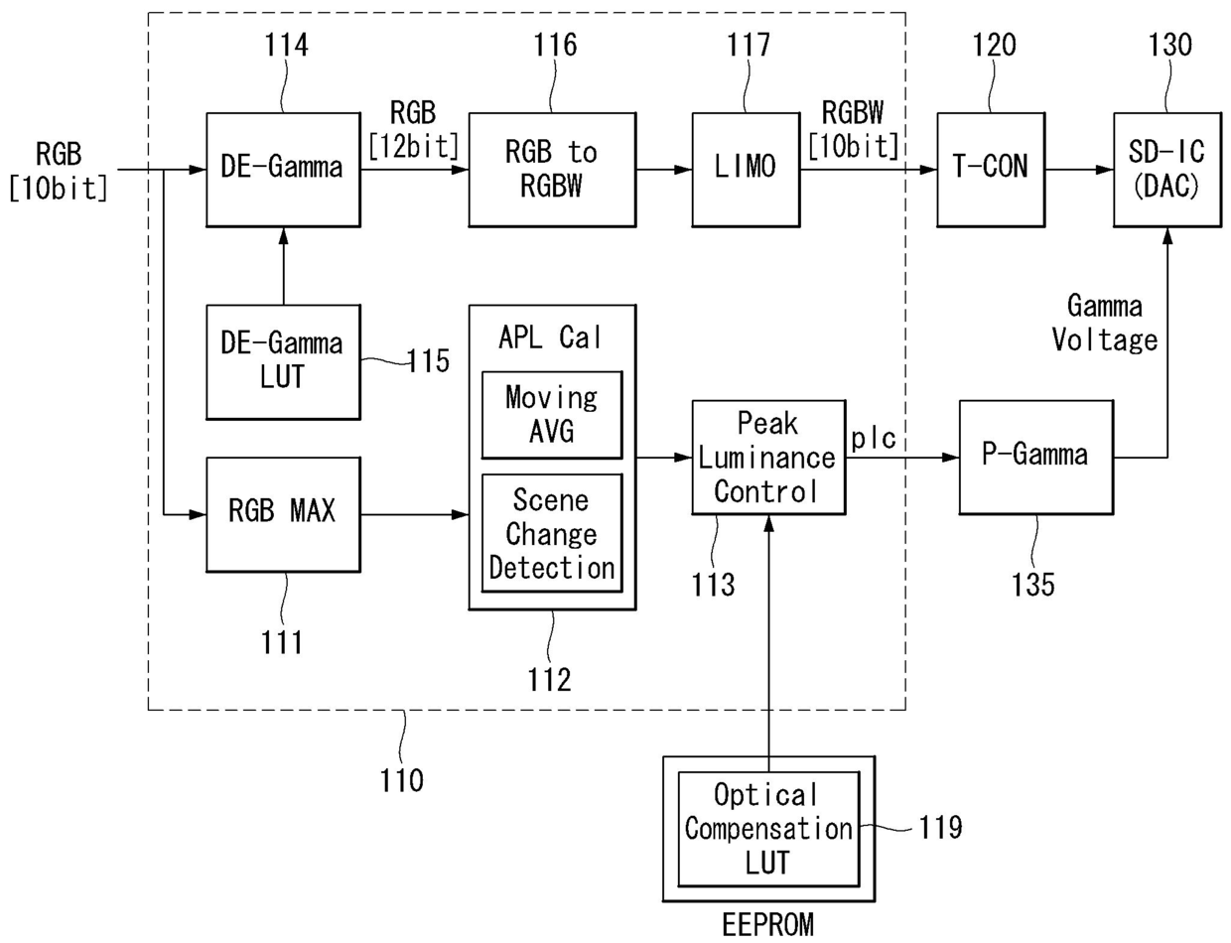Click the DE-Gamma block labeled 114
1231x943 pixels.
click(283, 170)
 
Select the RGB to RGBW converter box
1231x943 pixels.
click(552, 170)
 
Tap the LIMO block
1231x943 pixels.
click(747, 170)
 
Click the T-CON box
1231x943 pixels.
click(991, 170)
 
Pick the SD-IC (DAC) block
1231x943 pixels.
click(1167, 170)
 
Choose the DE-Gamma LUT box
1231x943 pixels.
click(283, 362)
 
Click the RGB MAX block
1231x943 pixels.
click(283, 514)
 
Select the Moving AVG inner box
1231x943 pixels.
click(552, 415)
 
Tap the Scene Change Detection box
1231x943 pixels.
click(552, 533)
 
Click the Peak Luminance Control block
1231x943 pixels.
click(768, 457)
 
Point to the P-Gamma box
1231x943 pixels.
click(1036, 457)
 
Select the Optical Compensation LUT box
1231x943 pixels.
click(768, 829)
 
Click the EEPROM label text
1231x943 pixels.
click(768, 925)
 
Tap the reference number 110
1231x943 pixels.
click(402, 780)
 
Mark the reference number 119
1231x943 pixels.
click(940, 828)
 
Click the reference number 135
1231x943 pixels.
click(1033, 585)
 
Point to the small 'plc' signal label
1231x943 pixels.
click(874, 438)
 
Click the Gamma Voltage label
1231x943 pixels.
click(1105, 324)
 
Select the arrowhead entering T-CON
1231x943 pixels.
click(929, 170)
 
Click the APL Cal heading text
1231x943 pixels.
click(550, 337)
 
